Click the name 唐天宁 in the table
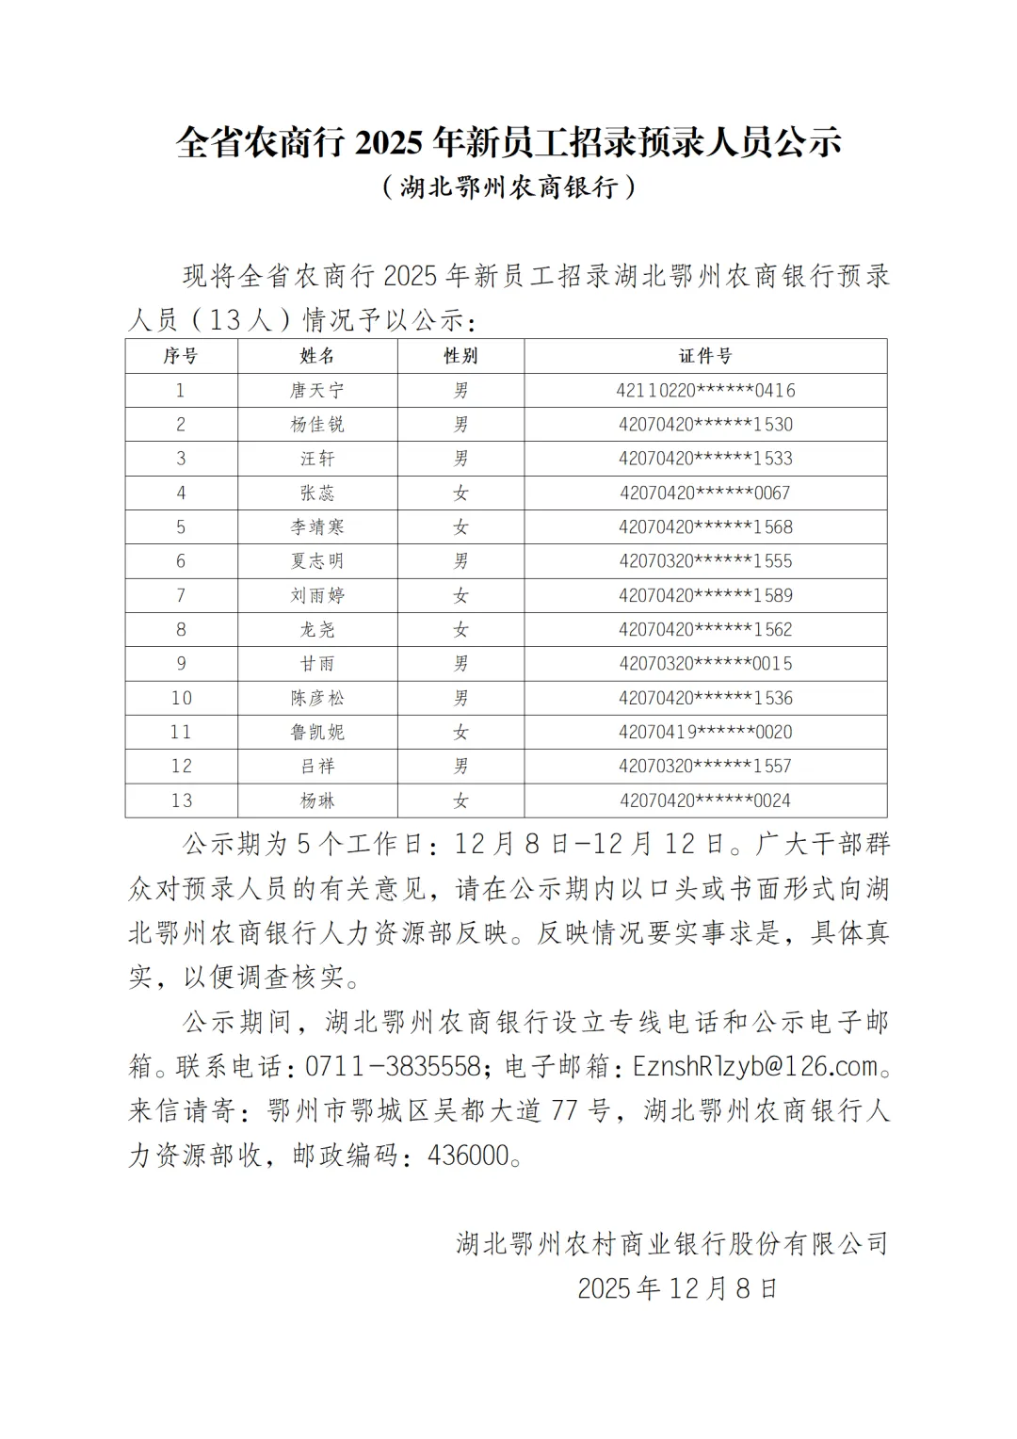point(317,390)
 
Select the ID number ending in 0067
point(705,493)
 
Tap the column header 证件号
point(705,356)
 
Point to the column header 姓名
point(317,356)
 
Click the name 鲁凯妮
point(317,732)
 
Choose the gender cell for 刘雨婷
point(460,595)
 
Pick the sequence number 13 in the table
point(182,800)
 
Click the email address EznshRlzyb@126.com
point(755,1066)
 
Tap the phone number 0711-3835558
point(394,1066)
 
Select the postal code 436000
point(468,1156)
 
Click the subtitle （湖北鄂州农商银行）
point(508,187)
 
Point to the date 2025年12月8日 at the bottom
point(677,1288)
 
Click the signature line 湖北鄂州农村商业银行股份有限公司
point(672,1244)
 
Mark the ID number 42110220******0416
point(705,390)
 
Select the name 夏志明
point(317,561)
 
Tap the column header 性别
point(460,356)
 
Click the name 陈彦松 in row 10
point(317,698)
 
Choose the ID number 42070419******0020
point(705,732)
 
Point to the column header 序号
point(181,356)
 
